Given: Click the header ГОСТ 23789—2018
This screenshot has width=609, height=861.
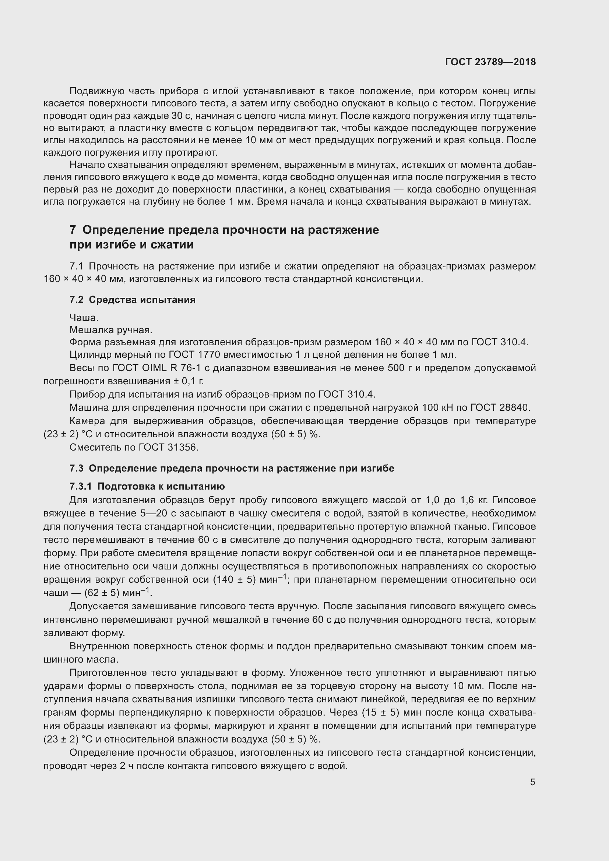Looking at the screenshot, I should pos(490,62).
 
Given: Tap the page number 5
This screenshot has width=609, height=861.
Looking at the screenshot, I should pos(532,782).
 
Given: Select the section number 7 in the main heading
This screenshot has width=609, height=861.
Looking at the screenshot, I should pos(73,229).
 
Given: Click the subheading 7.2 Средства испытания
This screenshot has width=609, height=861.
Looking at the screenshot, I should pos(133,300).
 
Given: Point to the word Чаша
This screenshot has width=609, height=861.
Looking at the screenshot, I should pos(84,318).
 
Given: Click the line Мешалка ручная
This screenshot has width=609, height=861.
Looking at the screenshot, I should pos(110,330).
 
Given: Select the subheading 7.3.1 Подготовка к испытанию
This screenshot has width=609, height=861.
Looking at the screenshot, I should pos(147,486).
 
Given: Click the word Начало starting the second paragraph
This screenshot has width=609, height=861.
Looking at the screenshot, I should pos(87,165).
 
